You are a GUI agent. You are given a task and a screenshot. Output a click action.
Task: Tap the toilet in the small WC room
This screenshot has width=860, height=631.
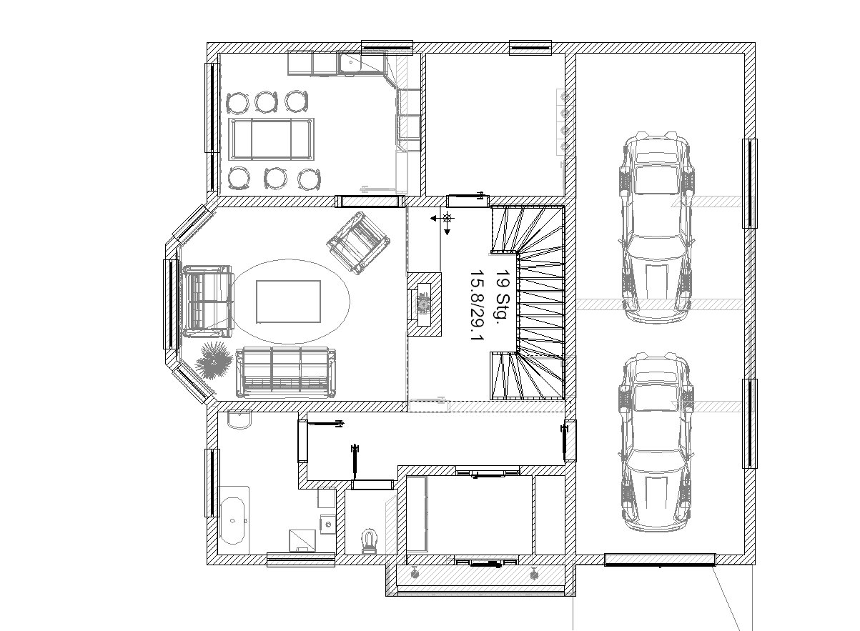point(369,541)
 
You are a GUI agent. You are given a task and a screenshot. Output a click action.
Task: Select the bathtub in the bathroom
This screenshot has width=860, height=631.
point(232,521)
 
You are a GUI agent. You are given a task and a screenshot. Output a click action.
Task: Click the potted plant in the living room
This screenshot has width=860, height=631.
point(214,359)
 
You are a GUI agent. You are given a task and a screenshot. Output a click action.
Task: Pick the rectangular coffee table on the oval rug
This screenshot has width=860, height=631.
point(288,302)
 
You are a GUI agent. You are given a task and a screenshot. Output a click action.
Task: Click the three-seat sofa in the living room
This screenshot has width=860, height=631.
point(286,372)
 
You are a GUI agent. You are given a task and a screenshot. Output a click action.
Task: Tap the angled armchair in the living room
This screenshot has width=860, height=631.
point(358,243)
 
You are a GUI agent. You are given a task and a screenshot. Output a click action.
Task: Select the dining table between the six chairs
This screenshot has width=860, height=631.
point(271,139)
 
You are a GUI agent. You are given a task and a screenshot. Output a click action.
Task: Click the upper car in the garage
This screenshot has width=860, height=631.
point(656,227)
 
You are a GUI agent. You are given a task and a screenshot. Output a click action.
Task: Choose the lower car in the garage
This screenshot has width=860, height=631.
point(656,442)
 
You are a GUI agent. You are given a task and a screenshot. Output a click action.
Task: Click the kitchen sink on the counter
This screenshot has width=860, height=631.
point(350,63)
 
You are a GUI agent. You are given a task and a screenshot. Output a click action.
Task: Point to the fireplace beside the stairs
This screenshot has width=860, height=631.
point(424,304)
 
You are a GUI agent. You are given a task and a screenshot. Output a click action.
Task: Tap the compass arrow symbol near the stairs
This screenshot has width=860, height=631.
point(445,220)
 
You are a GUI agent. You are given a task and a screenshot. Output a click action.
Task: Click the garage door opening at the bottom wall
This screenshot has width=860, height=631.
point(660,560)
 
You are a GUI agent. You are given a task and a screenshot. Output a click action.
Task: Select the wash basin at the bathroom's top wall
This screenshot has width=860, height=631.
point(239,420)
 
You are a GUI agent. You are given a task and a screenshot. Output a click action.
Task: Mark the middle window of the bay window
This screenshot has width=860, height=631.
point(172,304)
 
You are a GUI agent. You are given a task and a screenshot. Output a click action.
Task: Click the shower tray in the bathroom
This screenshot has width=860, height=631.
point(302,541)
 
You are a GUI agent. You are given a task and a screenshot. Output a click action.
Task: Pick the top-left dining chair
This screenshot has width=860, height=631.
point(237,103)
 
